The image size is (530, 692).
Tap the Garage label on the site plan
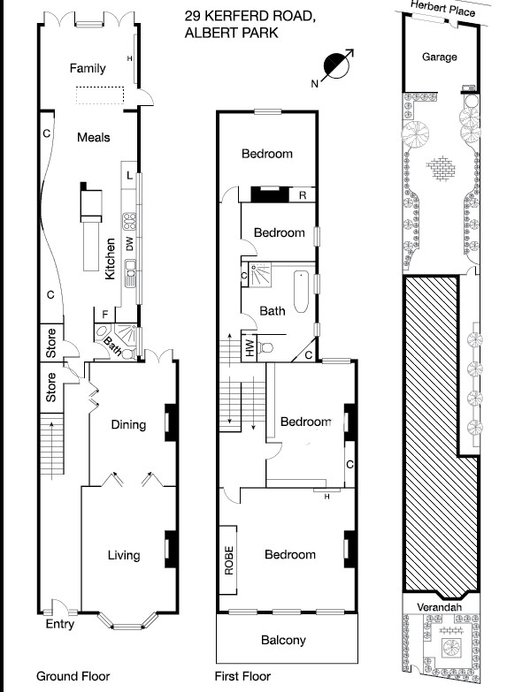(x=439, y=57)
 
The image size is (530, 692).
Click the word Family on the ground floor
(x=88, y=68)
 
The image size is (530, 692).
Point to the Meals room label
(x=93, y=137)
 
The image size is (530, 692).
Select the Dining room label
(x=127, y=424)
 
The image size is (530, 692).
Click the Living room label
(x=124, y=555)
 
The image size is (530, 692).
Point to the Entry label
(x=59, y=624)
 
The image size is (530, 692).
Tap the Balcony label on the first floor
(x=284, y=641)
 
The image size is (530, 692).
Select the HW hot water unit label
(x=250, y=348)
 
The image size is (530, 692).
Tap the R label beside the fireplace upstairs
(x=303, y=195)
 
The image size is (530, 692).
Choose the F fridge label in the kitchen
(x=105, y=313)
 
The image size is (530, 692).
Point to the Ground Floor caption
(x=73, y=676)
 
